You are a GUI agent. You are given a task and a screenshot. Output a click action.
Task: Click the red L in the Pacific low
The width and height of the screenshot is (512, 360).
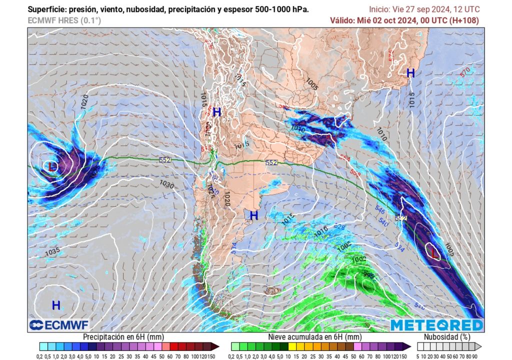pos(53,166)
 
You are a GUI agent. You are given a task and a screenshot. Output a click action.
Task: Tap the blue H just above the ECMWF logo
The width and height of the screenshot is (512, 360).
pos(56,304)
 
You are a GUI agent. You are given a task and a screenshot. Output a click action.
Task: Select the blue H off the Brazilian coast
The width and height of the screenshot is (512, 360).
pos(410,73)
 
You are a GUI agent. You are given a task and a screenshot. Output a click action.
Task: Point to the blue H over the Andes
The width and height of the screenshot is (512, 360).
pos(216,112)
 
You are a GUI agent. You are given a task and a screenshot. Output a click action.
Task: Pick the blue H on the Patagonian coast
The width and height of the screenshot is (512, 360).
pos(254,215)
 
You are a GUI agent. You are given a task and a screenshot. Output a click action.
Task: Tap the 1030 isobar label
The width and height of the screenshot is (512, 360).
pos(166,184)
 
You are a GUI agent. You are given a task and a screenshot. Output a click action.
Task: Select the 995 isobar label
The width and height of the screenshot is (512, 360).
pos(369,274)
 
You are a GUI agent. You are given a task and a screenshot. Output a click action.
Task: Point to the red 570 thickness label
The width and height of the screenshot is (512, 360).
pos(465,71)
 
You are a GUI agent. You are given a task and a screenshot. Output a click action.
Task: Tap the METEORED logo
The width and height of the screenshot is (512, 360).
pos(436,325)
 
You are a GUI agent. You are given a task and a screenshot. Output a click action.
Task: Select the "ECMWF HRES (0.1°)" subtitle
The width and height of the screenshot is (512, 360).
pos(64,20)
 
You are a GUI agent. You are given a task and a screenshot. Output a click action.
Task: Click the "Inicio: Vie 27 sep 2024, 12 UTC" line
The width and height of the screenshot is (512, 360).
pos(424,9)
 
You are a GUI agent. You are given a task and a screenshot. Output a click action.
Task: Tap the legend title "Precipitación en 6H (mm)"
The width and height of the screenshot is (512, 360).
pos(122,337)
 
